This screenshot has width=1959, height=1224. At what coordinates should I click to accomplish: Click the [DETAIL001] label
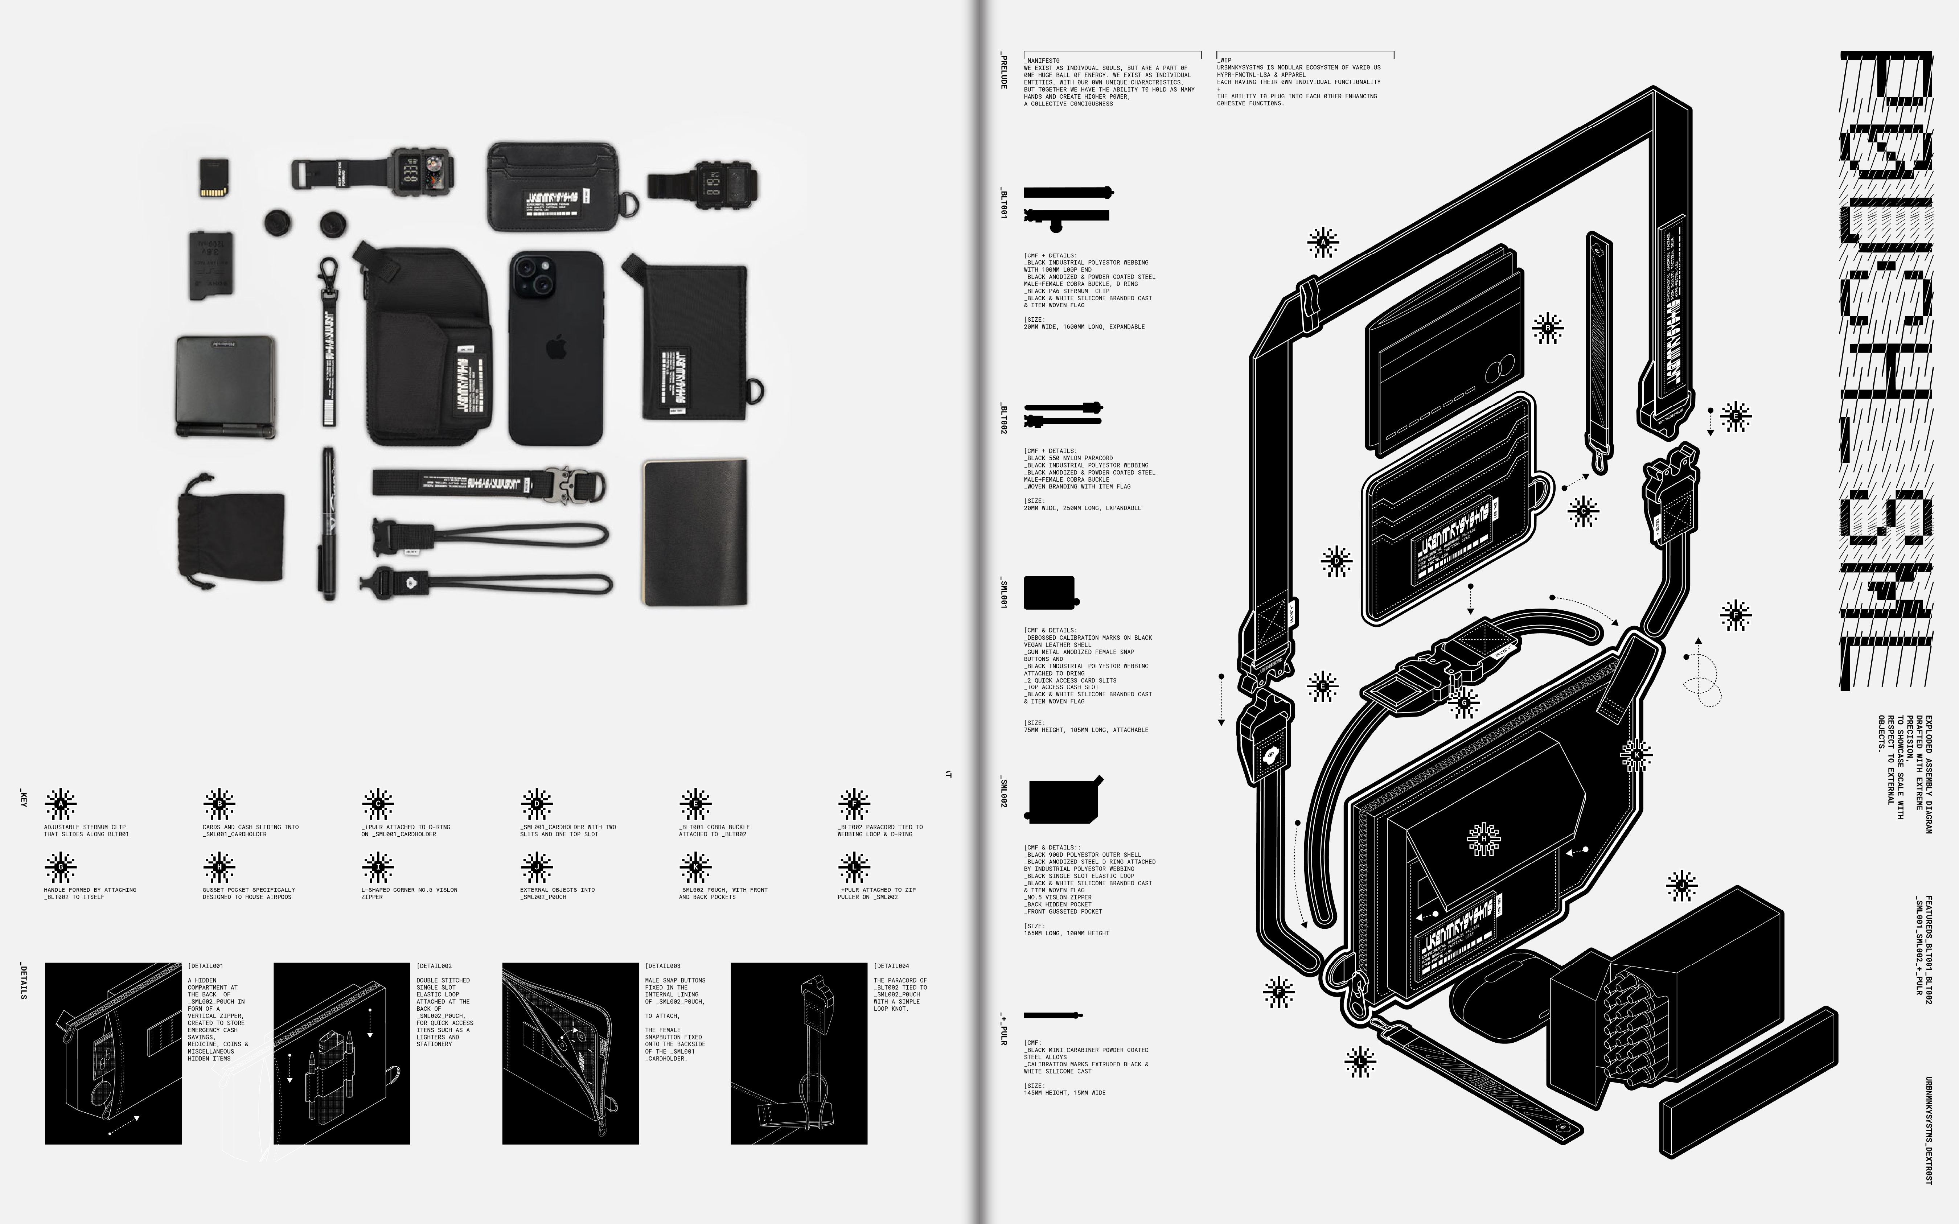(x=206, y=966)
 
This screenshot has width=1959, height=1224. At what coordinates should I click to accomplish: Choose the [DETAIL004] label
(x=891, y=966)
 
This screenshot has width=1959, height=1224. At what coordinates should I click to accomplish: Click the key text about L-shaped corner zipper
(x=409, y=893)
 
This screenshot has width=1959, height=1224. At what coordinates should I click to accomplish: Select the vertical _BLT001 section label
(x=1004, y=204)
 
